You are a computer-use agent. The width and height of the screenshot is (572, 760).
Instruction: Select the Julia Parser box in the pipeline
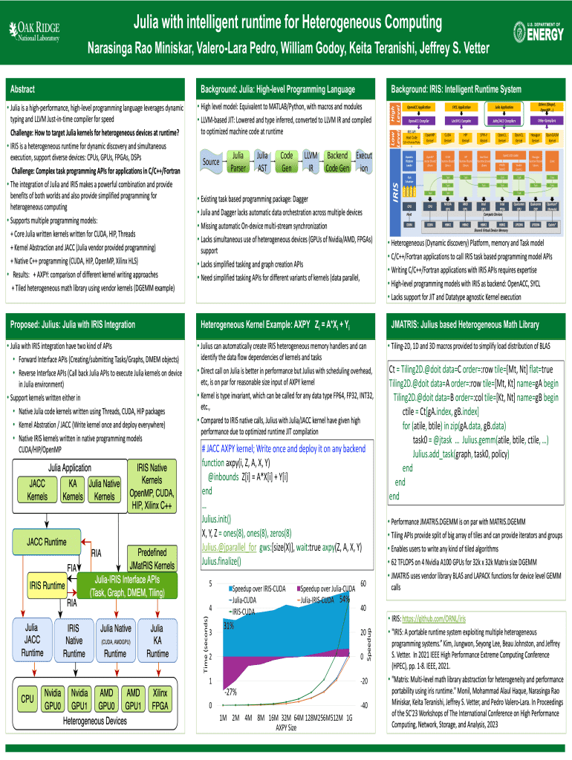click(238, 162)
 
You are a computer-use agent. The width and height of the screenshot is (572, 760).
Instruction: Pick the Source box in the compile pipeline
click(210, 162)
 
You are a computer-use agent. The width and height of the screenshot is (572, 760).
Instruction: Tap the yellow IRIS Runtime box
click(48, 586)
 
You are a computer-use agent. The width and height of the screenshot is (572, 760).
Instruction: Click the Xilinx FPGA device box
click(158, 698)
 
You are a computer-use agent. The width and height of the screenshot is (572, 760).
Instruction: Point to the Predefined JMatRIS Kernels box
click(152, 557)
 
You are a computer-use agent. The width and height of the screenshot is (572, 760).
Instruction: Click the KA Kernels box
click(73, 491)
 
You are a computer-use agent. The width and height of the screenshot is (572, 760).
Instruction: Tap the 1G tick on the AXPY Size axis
click(348, 718)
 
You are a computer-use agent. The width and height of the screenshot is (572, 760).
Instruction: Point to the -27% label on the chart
click(230, 691)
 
